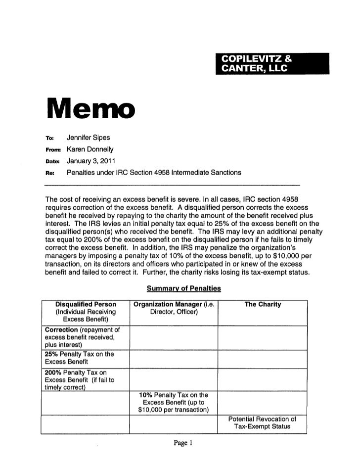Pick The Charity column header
point(263,304)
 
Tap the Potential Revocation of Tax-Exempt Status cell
point(263,423)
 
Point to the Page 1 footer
point(180,443)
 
